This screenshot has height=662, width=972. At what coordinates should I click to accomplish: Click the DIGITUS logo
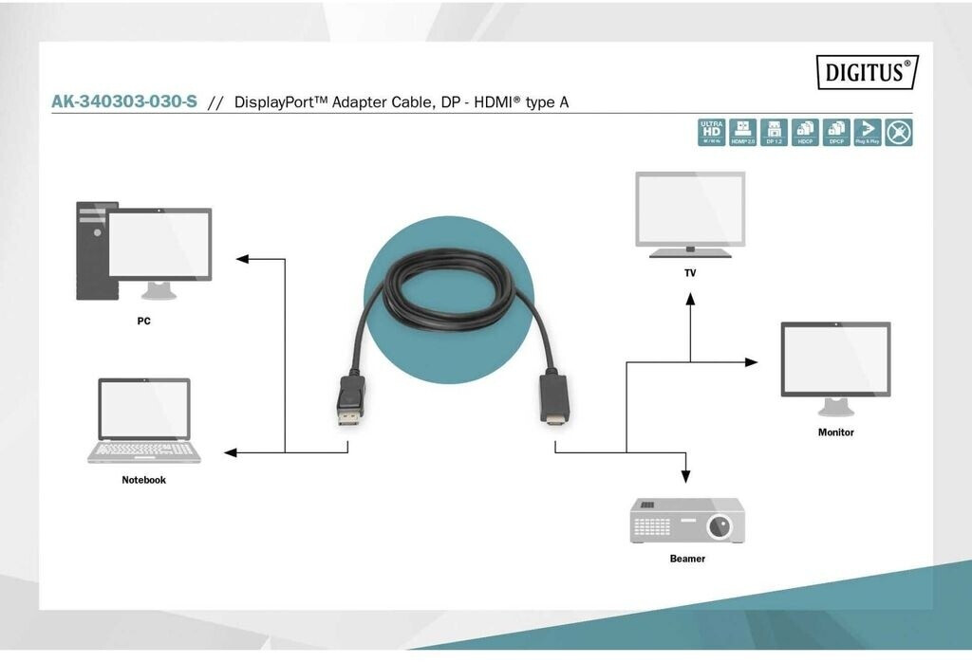pyautogui.click(x=867, y=72)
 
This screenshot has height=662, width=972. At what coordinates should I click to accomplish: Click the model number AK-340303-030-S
pyautogui.click(x=124, y=101)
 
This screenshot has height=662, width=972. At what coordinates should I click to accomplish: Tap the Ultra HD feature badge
pyautogui.click(x=711, y=132)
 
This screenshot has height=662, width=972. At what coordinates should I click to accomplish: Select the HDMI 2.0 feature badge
pyautogui.click(x=742, y=132)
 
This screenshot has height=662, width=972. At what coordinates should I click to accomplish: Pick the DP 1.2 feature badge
pyautogui.click(x=774, y=132)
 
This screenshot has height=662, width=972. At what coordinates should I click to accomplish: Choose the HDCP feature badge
pyautogui.click(x=805, y=132)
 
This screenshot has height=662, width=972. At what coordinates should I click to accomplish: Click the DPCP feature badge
pyautogui.click(x=836, y=132)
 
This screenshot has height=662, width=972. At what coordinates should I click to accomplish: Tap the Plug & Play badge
pyautogui.click(x=868, y=132)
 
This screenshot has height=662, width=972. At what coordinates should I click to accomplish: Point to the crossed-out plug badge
pyautogui.click(x=899, y=132)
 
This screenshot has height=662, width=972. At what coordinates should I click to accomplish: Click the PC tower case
pyautogui.click(x=91, y=250)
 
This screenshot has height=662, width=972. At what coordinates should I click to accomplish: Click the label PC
pyautogui.click(x=143, y=321)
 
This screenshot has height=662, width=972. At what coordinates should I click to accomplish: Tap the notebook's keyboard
pyautogui.click(x=144, y=450)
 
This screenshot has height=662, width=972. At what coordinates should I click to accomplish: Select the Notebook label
pyautogui.click(x=143, y=480)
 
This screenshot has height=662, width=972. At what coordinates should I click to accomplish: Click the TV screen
pyautogui.click(x=690, y=208)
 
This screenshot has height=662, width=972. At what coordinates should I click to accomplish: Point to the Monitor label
pyautogui.click(x=835, y=432)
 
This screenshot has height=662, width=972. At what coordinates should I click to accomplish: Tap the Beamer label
pyautogui.click(x=687, y=559)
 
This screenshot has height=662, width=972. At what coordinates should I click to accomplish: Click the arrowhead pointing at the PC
pyautogui.click(x=243, y=258)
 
